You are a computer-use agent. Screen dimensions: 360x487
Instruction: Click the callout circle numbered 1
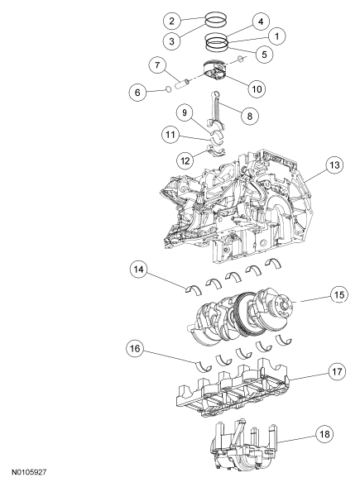pos(276,36)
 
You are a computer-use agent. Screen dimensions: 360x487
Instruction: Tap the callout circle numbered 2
pos(171,21)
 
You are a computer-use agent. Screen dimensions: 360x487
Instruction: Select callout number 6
pos(137,93)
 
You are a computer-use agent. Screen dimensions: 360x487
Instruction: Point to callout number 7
pos(157,66)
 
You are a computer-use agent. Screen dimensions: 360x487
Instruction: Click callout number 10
pos(257,89)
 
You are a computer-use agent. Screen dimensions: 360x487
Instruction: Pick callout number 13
pos(334,165)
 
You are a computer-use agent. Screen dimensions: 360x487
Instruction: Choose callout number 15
pos(339,294)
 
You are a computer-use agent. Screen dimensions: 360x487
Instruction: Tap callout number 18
pos(324,434)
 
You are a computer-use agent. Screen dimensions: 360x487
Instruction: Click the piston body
pos(215,72)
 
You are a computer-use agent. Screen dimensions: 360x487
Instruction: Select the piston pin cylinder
pos(182,84)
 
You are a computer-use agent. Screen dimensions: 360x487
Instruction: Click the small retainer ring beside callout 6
pos(168,89)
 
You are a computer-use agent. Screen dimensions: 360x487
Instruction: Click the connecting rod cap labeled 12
pos(217,151)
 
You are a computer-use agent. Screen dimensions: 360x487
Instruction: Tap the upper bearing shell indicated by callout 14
pos(194,289)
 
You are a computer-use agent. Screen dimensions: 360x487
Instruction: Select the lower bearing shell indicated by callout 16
pos(204,367)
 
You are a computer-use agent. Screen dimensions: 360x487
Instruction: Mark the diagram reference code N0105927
pos(29,472)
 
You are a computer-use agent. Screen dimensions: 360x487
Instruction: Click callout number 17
pos(337,372)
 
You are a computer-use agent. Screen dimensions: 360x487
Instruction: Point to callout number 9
pos(185,112)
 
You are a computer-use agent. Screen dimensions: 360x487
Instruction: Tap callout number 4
pos(261,21)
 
